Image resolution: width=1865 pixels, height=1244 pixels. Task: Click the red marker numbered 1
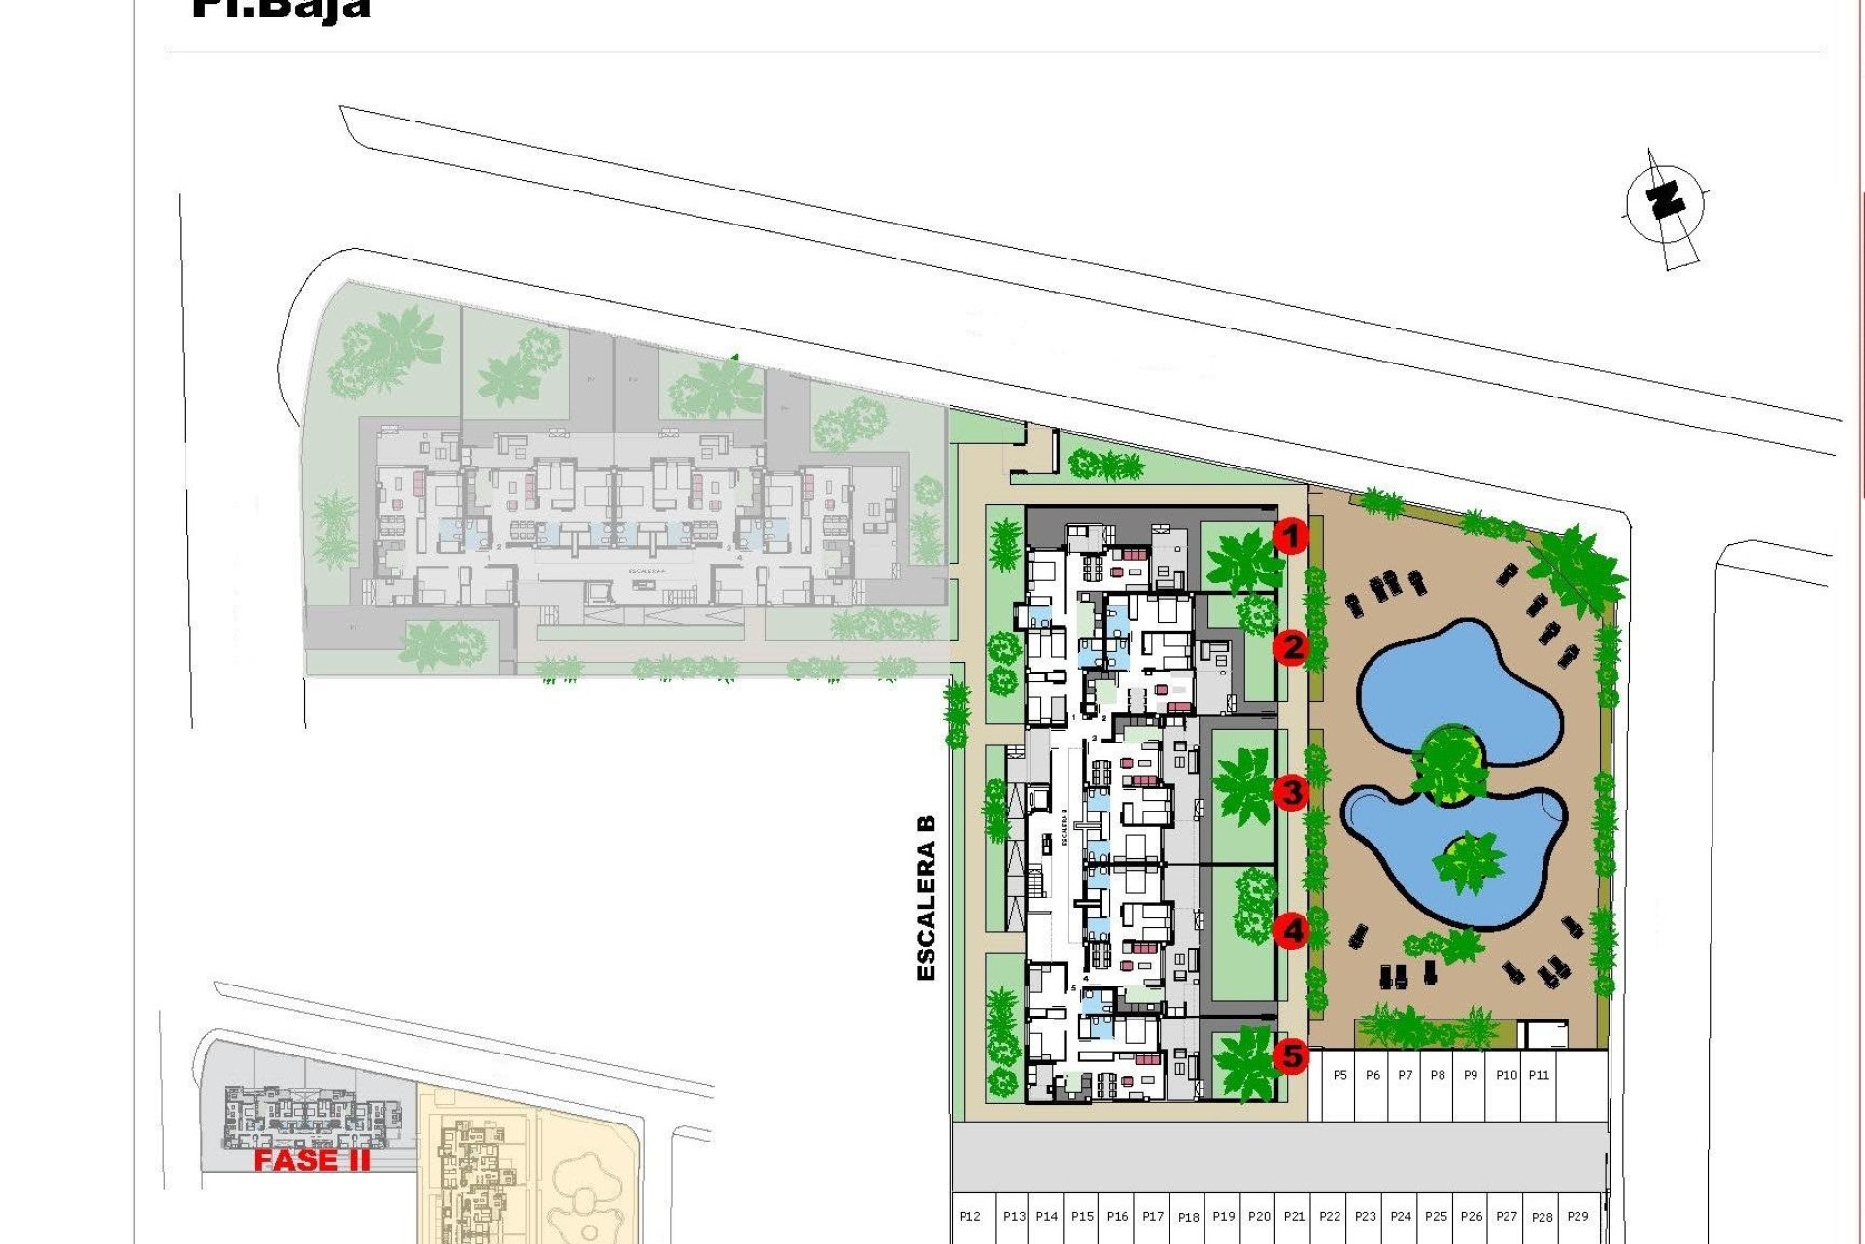[x=1291, y=536]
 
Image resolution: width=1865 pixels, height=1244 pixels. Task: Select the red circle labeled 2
[x=1292, y=646]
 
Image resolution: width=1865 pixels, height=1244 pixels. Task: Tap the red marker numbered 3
[x=1292, y=792]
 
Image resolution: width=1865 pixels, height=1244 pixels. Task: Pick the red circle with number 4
[x=1292, y=931]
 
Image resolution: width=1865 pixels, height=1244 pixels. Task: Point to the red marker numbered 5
[x=1292, y=1054]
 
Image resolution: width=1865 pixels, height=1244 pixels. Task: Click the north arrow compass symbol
[x=1666, y=204]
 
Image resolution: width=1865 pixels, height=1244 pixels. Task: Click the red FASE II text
[x=312, y=1159]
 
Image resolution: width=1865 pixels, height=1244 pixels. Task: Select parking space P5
[x=1340, y=1076]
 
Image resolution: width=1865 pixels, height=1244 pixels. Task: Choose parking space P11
[x=1539, y=1076]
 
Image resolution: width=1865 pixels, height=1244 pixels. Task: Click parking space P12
[x=969, y=1217]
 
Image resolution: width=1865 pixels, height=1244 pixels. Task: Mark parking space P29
[x=1578, y=1217]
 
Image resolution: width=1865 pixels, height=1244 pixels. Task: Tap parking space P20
[x=1259, y=1217]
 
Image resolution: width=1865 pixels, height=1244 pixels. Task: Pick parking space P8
[x=1438, y=1076]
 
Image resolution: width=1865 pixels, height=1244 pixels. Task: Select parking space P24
[x=1401, y=1217]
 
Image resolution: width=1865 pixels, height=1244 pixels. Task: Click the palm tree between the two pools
[x=1449, y=763]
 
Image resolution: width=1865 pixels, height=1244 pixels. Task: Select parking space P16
[x=1118, y=1217]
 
